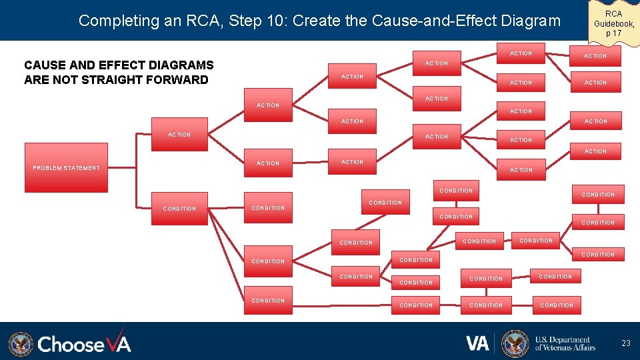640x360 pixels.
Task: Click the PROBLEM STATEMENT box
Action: [66, 167]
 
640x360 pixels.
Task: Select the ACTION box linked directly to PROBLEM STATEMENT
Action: [179, 135]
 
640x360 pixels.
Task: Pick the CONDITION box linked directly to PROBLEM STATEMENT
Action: [179, 209]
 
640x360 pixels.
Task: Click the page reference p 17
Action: [613, 33]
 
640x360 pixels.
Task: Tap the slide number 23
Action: [625, 343]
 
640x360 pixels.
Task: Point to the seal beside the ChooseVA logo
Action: [20, 344]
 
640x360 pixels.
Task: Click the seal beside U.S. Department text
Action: [515, 343]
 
